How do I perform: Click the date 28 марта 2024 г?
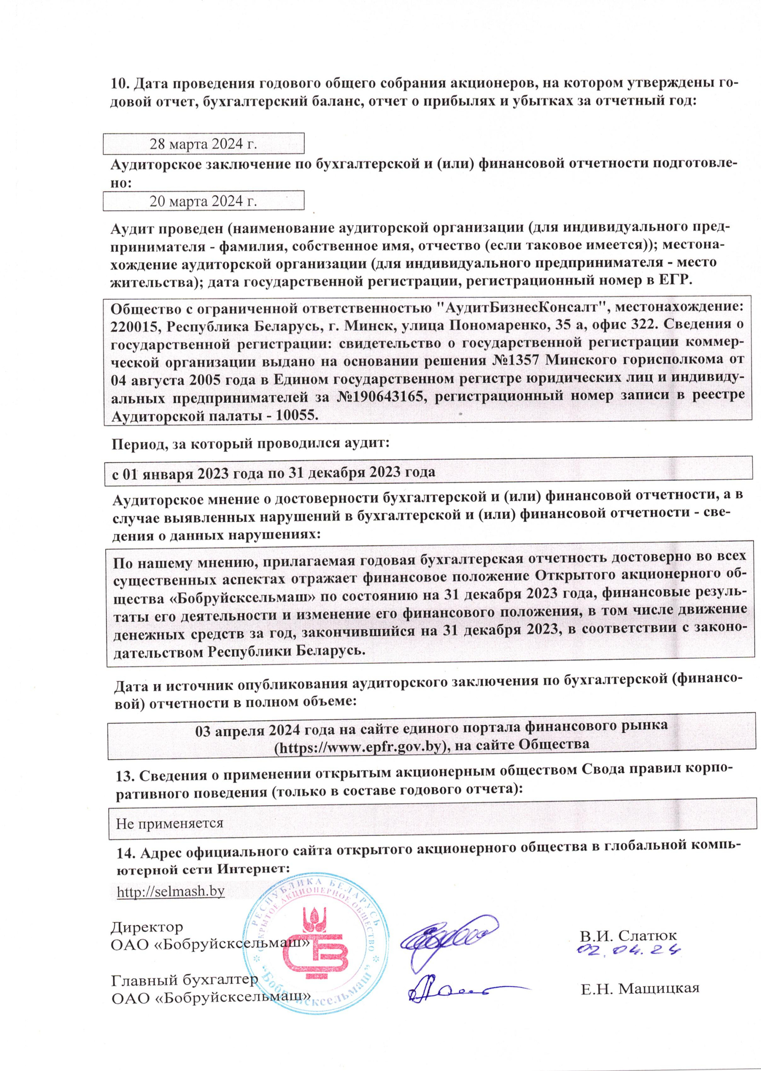click(203, 144)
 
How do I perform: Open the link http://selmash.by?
click(171, 891)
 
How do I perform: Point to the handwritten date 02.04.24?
click(628, 950)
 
